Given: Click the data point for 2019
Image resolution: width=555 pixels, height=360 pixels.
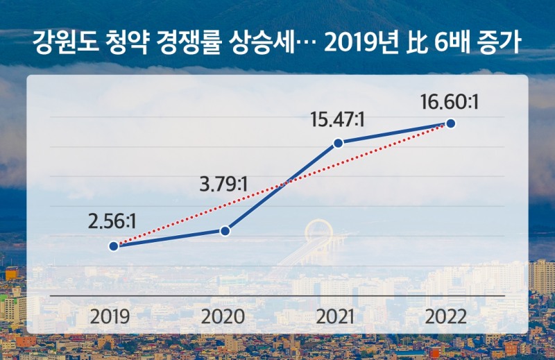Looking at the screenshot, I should pos(112,246).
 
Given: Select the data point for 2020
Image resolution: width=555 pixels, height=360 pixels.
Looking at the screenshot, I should pos(225,230).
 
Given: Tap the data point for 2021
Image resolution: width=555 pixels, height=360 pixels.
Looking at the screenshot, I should pos(338,144).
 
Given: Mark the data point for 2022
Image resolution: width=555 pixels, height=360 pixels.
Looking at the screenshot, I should pos(451,123).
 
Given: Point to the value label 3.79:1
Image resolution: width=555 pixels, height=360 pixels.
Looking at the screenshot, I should pos(223,185).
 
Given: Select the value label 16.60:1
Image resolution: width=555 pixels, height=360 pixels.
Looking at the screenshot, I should pos(450,101).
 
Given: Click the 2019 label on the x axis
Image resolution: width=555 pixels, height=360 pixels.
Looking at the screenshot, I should pos(111,318).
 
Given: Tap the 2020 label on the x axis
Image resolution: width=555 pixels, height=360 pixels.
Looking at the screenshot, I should pos(223,318).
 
